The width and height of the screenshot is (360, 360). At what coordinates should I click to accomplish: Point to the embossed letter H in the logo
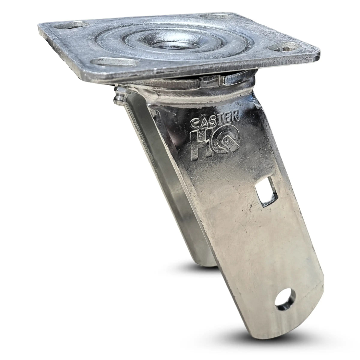(201, 143)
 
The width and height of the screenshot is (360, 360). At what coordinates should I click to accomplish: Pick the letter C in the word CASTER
(195, 123)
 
